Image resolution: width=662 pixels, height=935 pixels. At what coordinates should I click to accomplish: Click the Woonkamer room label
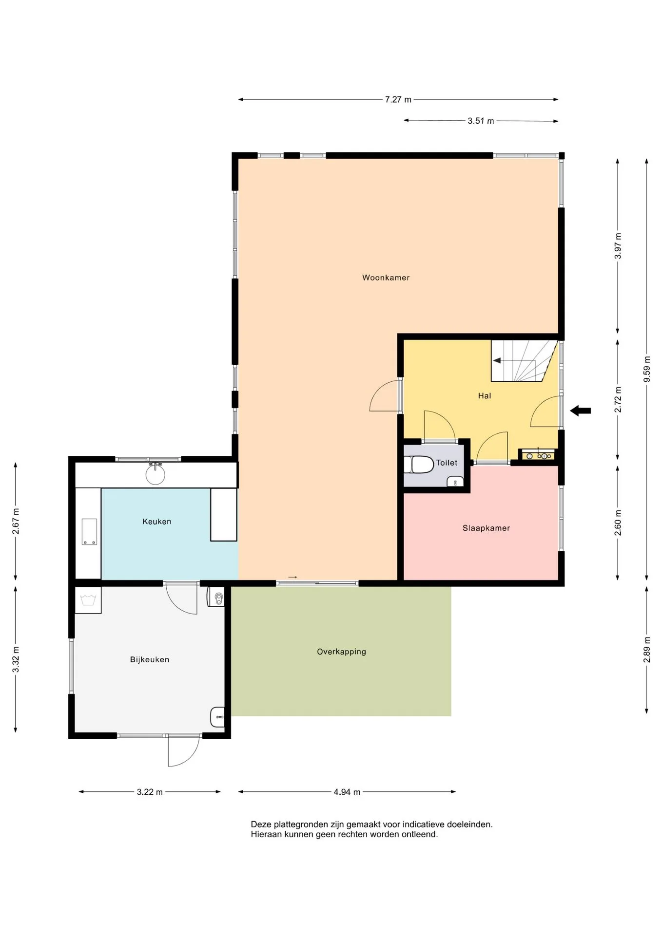click(386, 278)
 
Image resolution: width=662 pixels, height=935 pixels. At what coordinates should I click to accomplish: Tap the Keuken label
click(156, 522)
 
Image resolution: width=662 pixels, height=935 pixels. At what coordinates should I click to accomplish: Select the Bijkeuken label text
click(149, 660)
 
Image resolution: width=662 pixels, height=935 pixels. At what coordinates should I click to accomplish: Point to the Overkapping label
click(341, 652)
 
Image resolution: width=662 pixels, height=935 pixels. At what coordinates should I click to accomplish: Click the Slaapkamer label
click(486, 528)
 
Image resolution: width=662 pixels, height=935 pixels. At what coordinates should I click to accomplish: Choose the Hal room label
click(484, 396)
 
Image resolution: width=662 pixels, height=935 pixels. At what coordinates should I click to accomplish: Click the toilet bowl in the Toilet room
click(419, 465)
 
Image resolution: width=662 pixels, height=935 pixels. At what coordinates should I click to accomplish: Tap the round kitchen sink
click(156, 475)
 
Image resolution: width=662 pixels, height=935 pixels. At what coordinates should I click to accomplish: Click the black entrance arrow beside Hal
click(580, 411)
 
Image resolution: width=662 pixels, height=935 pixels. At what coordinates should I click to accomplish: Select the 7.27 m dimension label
click(398, 100)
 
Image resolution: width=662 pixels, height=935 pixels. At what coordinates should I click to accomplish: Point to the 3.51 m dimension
click(481, 121)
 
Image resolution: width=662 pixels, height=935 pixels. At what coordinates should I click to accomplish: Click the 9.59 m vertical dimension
click(647, 370)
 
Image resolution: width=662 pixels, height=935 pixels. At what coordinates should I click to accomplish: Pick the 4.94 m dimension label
click(347, 792)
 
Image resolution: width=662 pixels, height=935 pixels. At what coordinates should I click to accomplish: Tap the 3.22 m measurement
click(150, 792)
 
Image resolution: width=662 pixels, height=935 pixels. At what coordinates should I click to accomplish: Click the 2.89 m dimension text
click(647, 649)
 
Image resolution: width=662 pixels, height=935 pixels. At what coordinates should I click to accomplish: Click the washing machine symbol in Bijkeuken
click(88, 600)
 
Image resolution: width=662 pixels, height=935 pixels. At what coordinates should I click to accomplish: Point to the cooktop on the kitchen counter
click(89, 532)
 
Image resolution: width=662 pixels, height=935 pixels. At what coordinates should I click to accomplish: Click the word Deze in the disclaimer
click(261, 824)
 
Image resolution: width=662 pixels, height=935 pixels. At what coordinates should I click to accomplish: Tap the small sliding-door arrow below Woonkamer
click(292, 578)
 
